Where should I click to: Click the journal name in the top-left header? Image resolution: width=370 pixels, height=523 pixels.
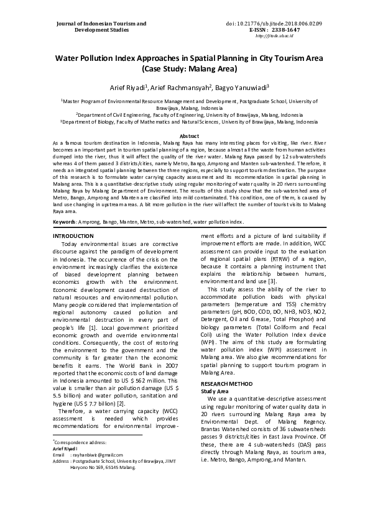[x=101, y=27]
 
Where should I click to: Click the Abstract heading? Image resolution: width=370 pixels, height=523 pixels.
[x=189, y=135]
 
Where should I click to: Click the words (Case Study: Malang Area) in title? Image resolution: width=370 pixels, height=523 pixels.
[x=185, y=70]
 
